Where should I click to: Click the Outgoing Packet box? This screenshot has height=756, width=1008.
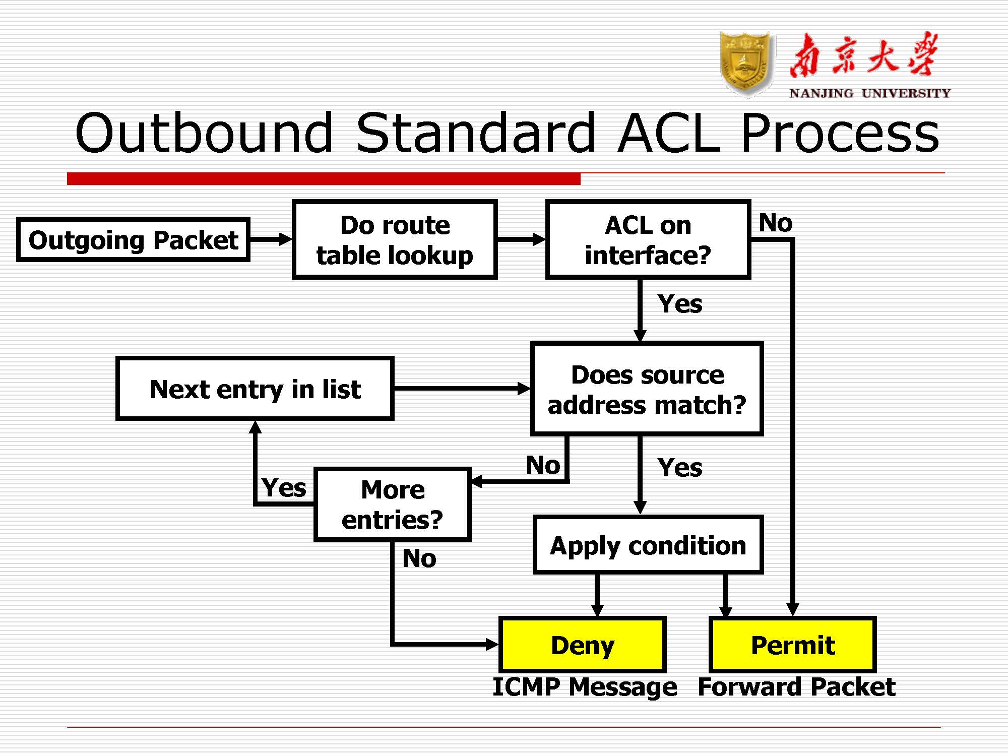coord(133,239)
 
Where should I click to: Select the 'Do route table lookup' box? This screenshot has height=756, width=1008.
coord(395,239)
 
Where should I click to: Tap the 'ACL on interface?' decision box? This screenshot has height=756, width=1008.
coord(648,239)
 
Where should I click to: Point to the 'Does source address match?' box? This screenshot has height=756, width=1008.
coord(647,389)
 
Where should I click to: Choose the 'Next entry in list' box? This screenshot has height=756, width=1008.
coord(255,389)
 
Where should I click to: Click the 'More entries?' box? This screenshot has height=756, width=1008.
coord(393,505)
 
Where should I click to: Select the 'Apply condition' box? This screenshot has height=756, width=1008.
coord(648,545)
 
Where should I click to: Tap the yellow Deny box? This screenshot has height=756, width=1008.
coord(583,645)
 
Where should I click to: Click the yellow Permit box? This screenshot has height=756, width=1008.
coord(793,645)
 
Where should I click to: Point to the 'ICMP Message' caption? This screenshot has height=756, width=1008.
coord(585,687)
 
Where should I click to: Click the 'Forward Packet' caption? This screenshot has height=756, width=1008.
coord(796,687)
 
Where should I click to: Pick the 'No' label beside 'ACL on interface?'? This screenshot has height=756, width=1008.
coord(776,223)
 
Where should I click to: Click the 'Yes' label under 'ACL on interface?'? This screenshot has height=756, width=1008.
coord(680,304)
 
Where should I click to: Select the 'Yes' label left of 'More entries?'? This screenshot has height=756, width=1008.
coord(284,488)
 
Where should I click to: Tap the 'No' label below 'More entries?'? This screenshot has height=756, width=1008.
coord(419,558)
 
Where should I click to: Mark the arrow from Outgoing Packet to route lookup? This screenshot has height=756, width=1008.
coord(271,239)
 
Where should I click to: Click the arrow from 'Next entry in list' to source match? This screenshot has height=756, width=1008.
coord(462,389)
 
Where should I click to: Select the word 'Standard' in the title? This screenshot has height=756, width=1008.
coord(476,134)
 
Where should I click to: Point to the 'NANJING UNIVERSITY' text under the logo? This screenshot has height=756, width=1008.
coord(870,93)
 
